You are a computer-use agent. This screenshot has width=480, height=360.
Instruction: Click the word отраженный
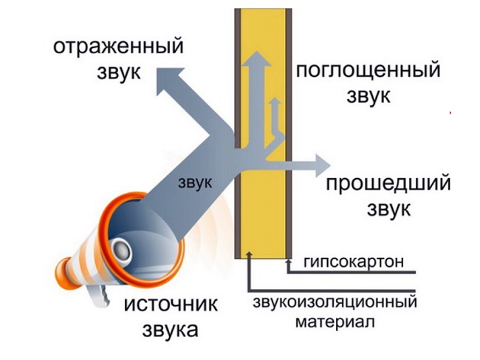(x=118, y=48)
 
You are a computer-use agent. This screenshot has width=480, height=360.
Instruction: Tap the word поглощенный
(x=368, y=71)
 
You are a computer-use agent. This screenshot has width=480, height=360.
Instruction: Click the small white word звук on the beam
(x=194, y=181)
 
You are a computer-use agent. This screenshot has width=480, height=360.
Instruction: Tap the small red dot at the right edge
(x=450, y=112)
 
